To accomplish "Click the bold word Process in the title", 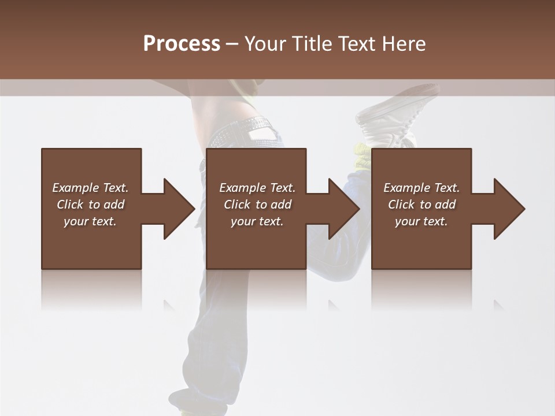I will (x=182, y=44).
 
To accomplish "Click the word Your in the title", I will (x=265, y=44).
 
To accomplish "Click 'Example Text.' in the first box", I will (x=90, y=188).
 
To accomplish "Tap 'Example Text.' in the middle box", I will (x=257, y=188).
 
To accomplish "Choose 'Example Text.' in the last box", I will (x=421, y=188).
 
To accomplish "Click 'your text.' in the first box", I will (x=90, y=221).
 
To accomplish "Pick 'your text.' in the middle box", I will (x=257, y=221).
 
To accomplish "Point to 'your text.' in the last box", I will (x=421, y=221).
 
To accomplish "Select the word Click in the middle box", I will (x=236, y=205).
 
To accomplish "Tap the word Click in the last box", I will (x=401, y=205).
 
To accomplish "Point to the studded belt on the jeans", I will (x=254, y=124).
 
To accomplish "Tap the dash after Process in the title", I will (x=232, y=44).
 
